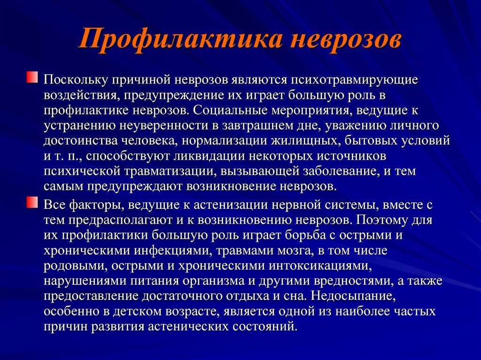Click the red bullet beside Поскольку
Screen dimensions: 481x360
32,77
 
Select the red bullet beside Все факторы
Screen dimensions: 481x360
32,203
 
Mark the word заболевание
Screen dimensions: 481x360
339,171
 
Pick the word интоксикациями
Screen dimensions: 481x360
320,266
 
